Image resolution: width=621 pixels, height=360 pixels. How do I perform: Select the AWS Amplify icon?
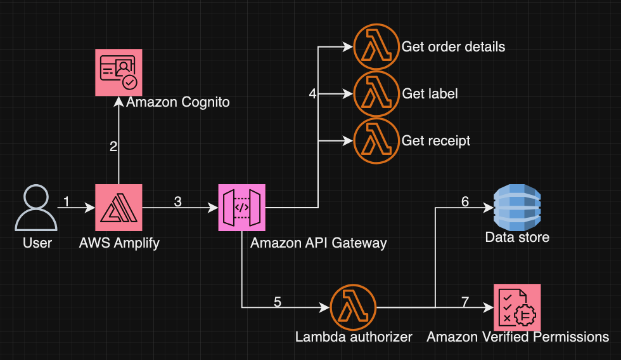coord(118,208)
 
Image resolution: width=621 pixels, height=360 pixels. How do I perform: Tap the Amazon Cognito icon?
coord(118,72)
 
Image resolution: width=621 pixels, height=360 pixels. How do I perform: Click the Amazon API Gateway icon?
coord(242,208)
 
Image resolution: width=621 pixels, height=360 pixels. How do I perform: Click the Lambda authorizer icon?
coord(353,307)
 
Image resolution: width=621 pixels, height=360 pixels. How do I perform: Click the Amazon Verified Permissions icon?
coord(517,307)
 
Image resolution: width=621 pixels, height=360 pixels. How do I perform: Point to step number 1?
coord(67,202)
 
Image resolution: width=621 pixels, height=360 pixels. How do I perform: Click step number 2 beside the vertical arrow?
coord(113,147)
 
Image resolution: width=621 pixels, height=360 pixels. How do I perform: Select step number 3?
coord(177,202)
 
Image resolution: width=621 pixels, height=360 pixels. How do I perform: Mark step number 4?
coord(312,94)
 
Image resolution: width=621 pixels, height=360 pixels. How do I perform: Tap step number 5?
coord(277,302)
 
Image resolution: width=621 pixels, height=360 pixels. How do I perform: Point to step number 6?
coord(464,202)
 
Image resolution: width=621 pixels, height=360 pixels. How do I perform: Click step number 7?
coord(464,302)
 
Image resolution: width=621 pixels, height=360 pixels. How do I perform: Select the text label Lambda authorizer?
coord(354,337)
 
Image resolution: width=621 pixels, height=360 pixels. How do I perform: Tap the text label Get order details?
coord(453,47)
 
